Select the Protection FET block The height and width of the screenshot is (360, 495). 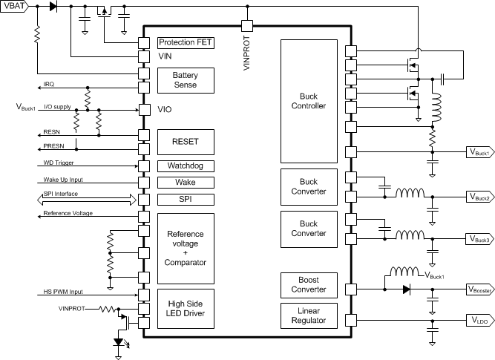(186, 42)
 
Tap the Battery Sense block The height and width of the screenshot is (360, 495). (186, 80)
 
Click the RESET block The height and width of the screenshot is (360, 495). (186, 141)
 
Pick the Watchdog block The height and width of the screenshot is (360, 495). (186, 166)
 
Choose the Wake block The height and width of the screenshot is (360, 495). (186, 183)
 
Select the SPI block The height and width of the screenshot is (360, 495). (186, 200)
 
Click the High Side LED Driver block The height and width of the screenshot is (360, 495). (186, 308)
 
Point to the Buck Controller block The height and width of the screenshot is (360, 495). (307, 101)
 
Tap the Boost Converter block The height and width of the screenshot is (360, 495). (307, 284)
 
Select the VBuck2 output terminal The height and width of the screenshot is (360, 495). (479, 197)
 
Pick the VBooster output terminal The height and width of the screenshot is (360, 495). (479, 289)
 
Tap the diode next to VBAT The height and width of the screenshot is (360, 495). (53, 7)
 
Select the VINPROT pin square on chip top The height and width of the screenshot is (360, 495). (247, 26)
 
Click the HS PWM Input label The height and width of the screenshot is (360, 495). (61, 292)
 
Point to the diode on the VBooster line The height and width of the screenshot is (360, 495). (406, 289)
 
